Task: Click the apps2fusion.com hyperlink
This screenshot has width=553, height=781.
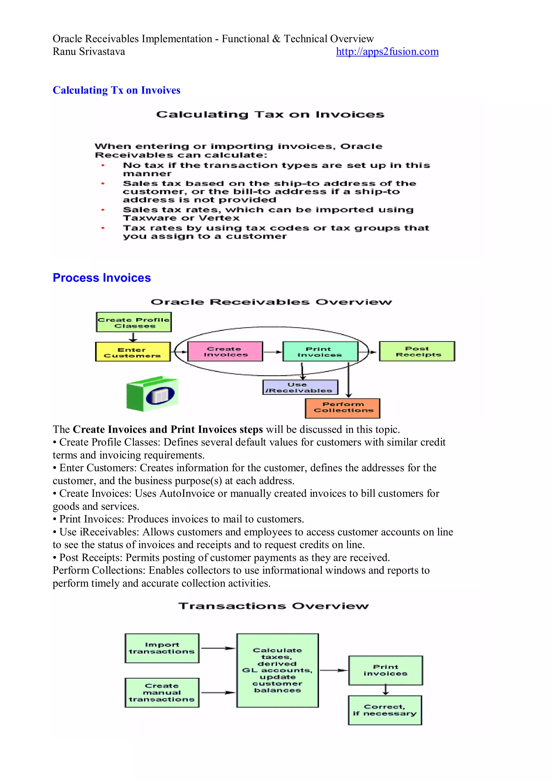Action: [387, 52]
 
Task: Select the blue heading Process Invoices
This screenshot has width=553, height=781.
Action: [102, 278]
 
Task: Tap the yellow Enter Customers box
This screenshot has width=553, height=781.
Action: [133, 352]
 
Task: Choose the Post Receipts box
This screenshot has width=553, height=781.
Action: [417, 351]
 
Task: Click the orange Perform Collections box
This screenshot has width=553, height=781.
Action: [343, 408]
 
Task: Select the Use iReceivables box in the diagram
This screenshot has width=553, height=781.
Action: [300, 387]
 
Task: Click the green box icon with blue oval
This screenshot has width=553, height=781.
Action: [152, 394]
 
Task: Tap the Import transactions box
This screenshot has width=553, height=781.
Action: [162, 648]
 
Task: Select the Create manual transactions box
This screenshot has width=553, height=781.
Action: [162, 693]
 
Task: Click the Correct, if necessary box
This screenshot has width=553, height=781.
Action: [385, 710]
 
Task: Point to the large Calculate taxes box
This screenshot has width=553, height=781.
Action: [278, 670]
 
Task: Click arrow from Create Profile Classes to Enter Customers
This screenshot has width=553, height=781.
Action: [133, 337]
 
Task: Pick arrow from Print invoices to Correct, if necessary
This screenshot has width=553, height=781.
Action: [386, 690]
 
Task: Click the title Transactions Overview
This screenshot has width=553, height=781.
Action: [274, 606]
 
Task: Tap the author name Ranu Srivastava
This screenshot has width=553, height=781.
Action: [89, 52]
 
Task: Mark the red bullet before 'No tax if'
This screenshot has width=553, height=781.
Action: [103, 166]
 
